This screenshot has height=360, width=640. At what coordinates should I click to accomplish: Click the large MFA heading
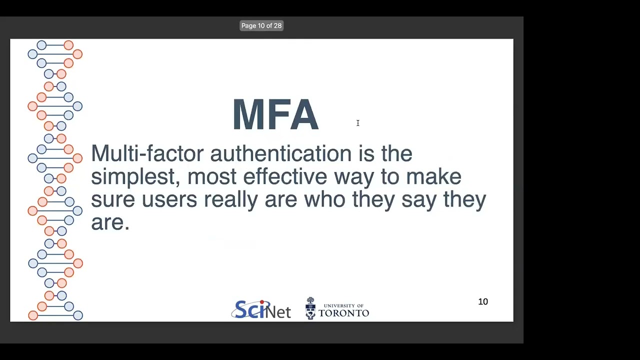[275, 115]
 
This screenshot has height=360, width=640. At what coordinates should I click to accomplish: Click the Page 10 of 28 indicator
[261, 25]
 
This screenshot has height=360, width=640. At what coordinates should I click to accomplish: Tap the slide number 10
[483, 301]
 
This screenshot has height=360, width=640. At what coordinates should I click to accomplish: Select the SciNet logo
[260, 309]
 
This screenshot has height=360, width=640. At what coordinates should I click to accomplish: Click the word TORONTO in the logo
[343, 313]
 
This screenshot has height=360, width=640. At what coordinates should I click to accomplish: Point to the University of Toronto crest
[310, 308]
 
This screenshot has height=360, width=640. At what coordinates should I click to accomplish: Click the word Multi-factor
[147, 153]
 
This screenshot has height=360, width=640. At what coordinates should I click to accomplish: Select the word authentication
[280, 153]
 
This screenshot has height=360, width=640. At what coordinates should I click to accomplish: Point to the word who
[324, 199]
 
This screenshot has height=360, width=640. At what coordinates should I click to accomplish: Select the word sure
[112, 199]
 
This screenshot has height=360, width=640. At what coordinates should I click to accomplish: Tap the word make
[433, 176]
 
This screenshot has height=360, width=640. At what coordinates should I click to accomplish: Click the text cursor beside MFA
[357, 123]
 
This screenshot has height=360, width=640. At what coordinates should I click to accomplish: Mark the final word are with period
[110, 222]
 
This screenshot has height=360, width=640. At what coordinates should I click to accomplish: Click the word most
[212, 176]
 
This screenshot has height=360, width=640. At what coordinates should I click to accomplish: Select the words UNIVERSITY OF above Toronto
[343, 305]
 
